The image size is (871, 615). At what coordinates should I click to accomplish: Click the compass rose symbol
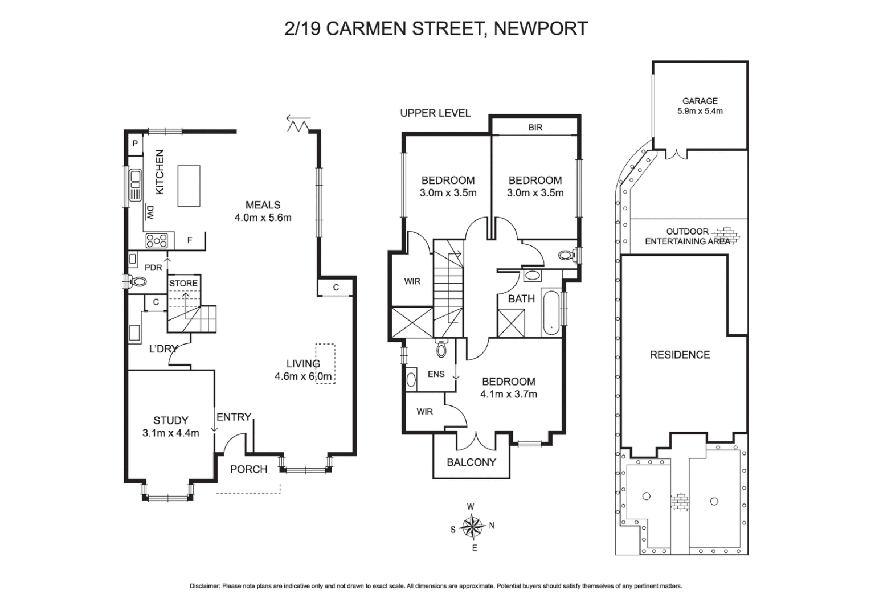click(x=472, y=527)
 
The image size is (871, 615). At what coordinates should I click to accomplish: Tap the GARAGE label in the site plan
click(x=700, y=101)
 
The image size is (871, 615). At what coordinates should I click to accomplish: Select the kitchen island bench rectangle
click(x=189, y=186)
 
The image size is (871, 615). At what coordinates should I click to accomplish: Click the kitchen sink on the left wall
click(x=136, y=185)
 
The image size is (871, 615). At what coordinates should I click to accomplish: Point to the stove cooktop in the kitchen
click(x=157, y=241)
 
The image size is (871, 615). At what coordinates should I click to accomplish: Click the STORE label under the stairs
click(x=183, y=283)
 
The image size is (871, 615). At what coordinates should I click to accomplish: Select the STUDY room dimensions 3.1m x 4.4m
click(x=170, y=433)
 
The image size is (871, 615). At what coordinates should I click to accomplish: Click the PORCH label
click(x=248, y=469)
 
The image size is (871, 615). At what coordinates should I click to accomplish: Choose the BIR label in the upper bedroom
click(x=535, y=128)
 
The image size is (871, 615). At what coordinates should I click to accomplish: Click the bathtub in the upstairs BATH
click(x=551, y=313)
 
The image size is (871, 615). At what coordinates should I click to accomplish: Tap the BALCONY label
click(x=471, y=462)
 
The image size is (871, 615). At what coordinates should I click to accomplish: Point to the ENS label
click(x=436, y=374)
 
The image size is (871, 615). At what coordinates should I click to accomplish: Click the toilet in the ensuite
click(x=441, y=349)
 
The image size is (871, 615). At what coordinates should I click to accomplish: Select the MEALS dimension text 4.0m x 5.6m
click(x=263, y=218)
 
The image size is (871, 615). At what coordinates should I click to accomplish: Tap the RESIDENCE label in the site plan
click(x=680, y=355)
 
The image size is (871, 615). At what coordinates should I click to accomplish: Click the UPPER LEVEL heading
click(x=435, y=113)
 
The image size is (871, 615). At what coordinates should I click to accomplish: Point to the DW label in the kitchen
click(x=150, y=212)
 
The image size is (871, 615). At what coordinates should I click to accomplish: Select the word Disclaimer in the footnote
click(x=205, y=586)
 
